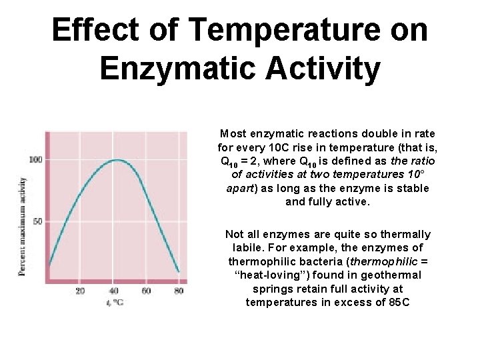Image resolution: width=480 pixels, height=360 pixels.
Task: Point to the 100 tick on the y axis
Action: coord(35,160)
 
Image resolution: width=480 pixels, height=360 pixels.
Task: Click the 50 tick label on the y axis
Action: coord(37,221)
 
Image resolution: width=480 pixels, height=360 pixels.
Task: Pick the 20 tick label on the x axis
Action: coord(80,290)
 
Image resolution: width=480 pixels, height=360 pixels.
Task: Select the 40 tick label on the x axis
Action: coord(113,290)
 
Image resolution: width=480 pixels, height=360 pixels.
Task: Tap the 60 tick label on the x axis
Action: coord(146,290)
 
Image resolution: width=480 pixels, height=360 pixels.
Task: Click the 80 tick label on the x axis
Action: coord(179,290)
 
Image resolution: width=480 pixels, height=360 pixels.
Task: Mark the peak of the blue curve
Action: coord(117,160)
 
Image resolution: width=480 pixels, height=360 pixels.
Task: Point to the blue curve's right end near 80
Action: coord(178,271)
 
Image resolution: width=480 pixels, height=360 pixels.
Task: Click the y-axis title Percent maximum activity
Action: coord(23,227)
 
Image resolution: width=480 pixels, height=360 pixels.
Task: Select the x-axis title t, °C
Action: coord(114,302)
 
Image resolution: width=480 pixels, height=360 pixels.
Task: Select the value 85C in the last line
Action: coord(395,303)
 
